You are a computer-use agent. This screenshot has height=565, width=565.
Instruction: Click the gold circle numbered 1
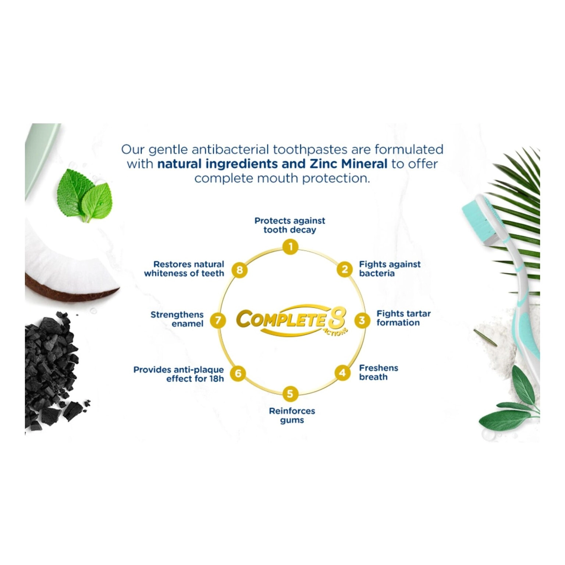click(x=291, y=246)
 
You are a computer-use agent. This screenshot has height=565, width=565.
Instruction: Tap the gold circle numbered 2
click(x=345, y=270)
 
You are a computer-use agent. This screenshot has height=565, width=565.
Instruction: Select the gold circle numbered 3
click(x=362, y=320)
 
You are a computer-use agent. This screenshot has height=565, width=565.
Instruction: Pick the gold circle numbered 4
click(x=342, y=373)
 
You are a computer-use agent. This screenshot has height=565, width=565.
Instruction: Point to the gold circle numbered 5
click(x=290, y=394)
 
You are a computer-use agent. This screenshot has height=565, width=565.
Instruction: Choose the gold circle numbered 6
click(x=238, y=373)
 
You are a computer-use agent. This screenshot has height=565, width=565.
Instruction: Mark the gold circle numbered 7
click(x=218, y=320)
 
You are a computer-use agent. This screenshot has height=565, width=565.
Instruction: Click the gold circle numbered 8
click(x=239, y=270)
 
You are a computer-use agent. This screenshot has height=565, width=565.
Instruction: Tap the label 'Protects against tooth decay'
click(x=290, y=225)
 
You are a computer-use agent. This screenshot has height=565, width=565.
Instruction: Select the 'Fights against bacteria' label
click(x=390, y=269)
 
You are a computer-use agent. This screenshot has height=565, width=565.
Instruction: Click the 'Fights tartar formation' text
click(x=404, y=318)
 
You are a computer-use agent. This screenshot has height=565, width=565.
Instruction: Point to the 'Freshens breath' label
click(x=379, y=372)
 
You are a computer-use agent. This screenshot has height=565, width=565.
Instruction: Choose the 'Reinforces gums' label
click(x=292, y=416)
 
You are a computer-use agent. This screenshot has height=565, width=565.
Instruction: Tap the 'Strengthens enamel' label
click(x=177, y=319)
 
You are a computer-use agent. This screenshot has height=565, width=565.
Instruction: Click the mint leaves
click(x=85, y=195)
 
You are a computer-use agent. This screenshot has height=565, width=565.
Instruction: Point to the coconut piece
click(x=66, y=257)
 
